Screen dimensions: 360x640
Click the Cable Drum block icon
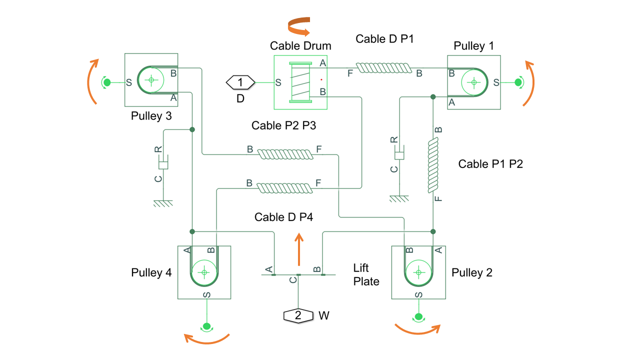point(300,82)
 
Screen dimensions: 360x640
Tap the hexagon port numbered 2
point(298,315)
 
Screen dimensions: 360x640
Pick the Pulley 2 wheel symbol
point(419,272)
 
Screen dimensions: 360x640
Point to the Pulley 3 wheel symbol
point(151,79)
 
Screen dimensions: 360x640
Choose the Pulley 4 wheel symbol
point(204,272)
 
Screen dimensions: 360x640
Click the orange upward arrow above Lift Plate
point(299,249)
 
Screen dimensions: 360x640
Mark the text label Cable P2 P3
point(283,125)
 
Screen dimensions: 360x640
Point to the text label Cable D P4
point(283,217)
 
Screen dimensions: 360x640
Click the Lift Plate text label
point(366,274)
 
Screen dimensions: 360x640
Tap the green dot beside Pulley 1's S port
point(518,81)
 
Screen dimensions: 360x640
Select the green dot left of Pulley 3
point(106,81)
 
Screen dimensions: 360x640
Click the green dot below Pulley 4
point(205,326)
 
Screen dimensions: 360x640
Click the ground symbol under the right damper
point(398,198)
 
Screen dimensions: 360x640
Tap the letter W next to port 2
point(323,316)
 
